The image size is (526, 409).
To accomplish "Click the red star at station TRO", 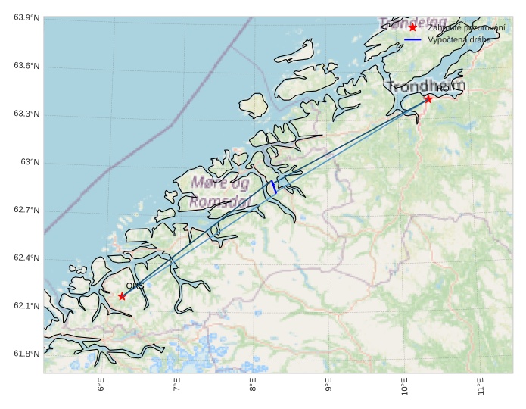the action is [428, 98].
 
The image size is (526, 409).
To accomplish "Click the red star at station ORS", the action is [122, 296].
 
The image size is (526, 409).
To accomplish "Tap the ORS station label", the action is [135, 286].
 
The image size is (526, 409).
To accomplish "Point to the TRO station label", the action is [440, 89].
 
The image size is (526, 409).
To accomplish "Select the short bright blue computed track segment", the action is [273, 187].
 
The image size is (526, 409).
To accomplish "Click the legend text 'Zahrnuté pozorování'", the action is [466, 27].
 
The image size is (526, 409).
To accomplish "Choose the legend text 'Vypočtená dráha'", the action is [459, 39].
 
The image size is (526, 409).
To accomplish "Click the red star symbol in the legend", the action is [412, 27].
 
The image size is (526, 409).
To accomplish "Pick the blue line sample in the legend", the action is [412, 39].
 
